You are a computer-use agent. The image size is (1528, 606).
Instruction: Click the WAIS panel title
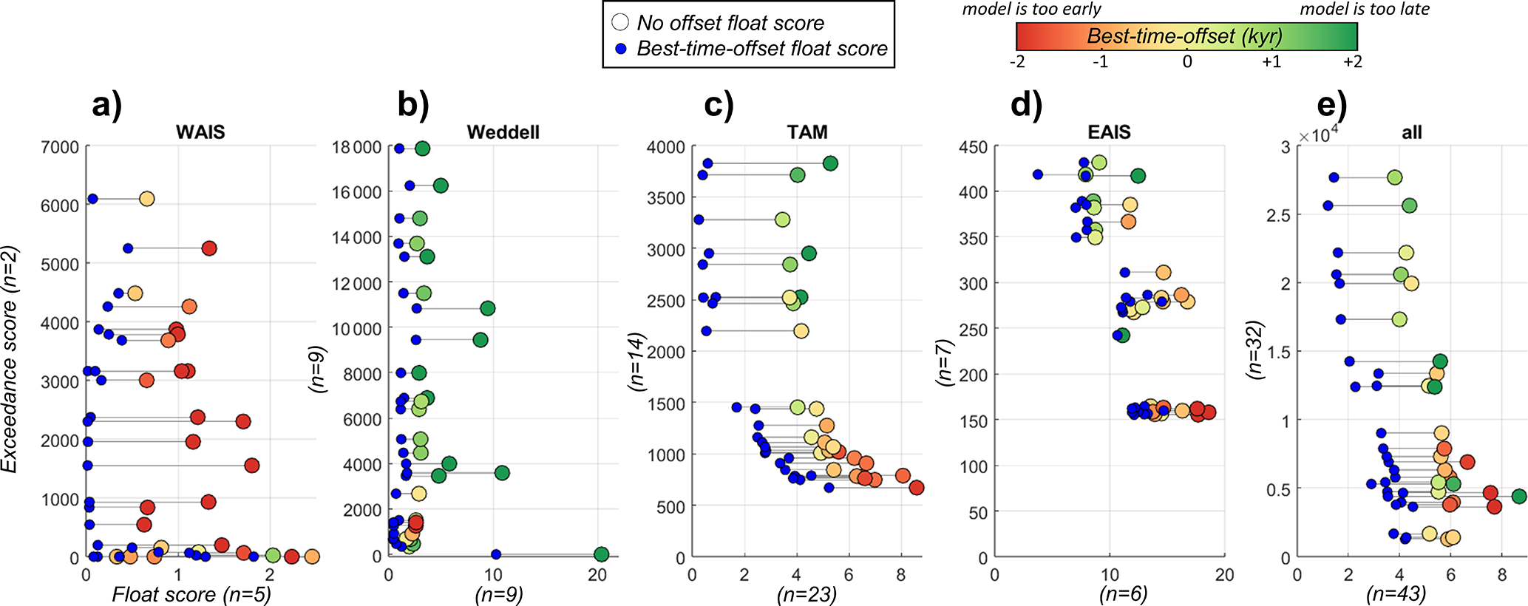(200, 132)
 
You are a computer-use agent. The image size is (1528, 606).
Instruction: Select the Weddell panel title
(503, 132)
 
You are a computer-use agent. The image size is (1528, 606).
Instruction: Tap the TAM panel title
(807, 132)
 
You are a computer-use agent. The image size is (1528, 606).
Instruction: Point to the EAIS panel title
(1109, 132)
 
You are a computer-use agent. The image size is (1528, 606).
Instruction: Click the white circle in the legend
(620, 22)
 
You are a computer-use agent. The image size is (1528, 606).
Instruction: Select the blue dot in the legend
(621, 49)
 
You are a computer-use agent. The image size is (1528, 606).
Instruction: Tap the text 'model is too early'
(1031, 9)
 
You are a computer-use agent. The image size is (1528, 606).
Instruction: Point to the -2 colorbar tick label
(1017, 62)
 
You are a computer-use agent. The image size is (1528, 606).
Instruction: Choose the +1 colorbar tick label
(1271, 62)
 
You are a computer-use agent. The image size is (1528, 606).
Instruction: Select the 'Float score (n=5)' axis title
(191, 594)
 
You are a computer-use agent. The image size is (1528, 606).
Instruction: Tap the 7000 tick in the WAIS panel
(60, 147)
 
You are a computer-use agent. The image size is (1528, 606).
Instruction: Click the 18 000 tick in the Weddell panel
(356, 147)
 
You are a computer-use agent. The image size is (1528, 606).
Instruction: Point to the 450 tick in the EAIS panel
(973, 147)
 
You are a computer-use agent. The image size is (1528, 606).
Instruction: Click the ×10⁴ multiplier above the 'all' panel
(1317, 137)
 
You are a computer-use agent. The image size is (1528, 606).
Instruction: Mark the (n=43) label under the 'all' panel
(1396, 594)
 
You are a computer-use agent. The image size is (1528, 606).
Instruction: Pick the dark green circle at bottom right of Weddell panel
(601, 554)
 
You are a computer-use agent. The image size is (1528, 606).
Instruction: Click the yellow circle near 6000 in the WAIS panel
(146, 199)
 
